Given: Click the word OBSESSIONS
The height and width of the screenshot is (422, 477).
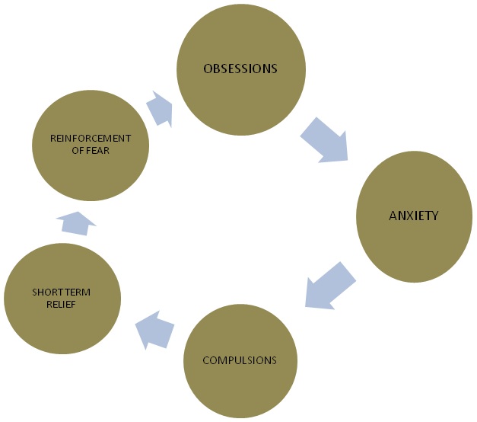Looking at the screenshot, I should [240, 69].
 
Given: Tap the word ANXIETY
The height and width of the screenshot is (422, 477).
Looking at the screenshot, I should [414, 216].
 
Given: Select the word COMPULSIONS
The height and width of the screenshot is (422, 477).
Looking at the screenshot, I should [239, 360].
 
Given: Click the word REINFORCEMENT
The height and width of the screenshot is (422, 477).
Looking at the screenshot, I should [91, 138].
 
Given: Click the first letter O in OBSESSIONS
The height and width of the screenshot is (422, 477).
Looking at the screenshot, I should [207, 69].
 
